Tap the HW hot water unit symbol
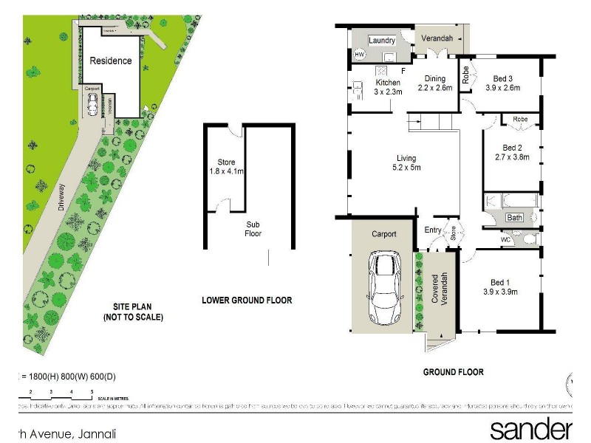361,55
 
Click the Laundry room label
383,41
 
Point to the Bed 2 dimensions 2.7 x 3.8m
512,157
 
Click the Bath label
514,218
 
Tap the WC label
507,240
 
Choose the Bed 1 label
500,283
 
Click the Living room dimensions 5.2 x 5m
406,168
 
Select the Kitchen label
388,83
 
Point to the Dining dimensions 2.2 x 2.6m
434,88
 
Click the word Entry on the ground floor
433,230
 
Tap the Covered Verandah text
440,292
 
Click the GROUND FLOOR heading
454,372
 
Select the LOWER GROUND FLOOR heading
247,301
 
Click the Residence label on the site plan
111,61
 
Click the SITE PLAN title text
133,312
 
